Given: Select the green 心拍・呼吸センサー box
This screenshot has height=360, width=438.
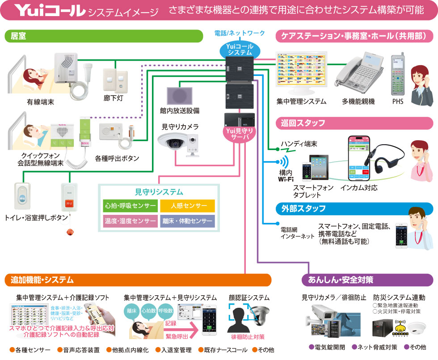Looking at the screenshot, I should click(x=131, y=206).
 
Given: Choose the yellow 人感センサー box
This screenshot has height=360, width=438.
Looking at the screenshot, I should click(x=187, y=206).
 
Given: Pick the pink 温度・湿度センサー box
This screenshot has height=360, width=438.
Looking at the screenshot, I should click(x=131, y=221).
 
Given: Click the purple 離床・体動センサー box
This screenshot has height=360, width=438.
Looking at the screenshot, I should click(x=187, y=221).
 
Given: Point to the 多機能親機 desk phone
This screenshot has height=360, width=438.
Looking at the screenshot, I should click(x=357, y=74).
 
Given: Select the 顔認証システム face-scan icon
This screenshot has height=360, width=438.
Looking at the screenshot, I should click(x=242, y=319).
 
